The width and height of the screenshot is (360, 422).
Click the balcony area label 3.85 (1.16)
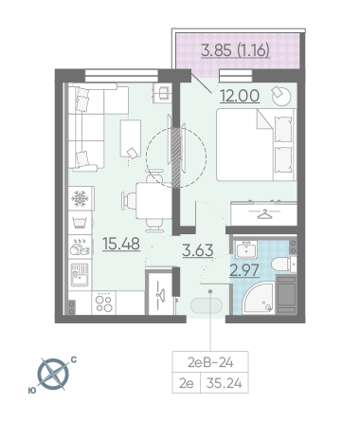[x=236, y=50]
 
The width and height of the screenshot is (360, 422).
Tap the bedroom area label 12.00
[x=240, y=96]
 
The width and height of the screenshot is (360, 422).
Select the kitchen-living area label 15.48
[x=121, y=244]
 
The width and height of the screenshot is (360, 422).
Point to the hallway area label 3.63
[x=198, y=250]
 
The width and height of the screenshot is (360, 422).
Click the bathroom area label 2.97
[x=244, y=270]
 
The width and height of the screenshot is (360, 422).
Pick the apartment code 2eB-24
[x=210, y=362]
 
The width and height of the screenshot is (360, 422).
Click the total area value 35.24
[x=225, y=383]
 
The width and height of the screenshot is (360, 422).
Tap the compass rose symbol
[x=53, y=375]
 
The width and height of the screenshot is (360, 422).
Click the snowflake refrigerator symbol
[x=80, y=198]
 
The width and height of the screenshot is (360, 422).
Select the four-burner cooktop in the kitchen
[x=104, y=303]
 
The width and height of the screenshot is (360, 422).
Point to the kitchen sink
[x=80, y=274]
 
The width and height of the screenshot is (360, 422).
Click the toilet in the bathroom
[x=283, y=265]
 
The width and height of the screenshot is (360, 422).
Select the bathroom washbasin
[x=246, y=249]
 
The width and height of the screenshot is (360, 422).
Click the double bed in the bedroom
[x=256, y=145]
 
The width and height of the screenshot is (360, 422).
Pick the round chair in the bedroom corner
[x=280, y=96]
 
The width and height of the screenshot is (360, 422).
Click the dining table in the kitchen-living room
[x=153, y=201]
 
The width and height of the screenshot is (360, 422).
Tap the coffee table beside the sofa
[x=131, y=138]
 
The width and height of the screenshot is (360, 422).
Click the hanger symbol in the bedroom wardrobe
[x=264, y=214]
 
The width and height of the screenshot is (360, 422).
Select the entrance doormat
[x=207, y=305]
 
